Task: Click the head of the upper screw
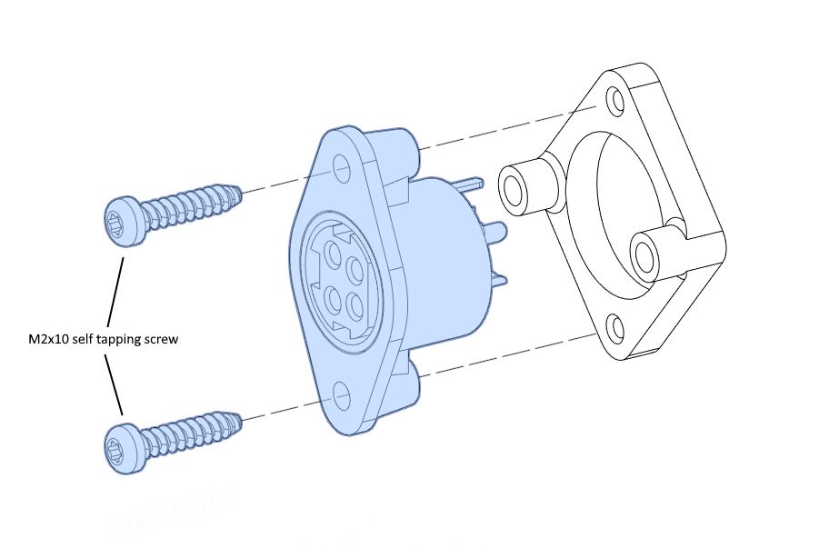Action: [125, 221]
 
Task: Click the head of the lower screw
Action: [125, 448]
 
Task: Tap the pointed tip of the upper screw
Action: [241, 194]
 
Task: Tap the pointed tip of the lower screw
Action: [241, 421]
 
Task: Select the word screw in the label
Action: [163, 339]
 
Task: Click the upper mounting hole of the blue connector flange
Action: [342, 167]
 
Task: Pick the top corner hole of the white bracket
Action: [614, 101]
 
